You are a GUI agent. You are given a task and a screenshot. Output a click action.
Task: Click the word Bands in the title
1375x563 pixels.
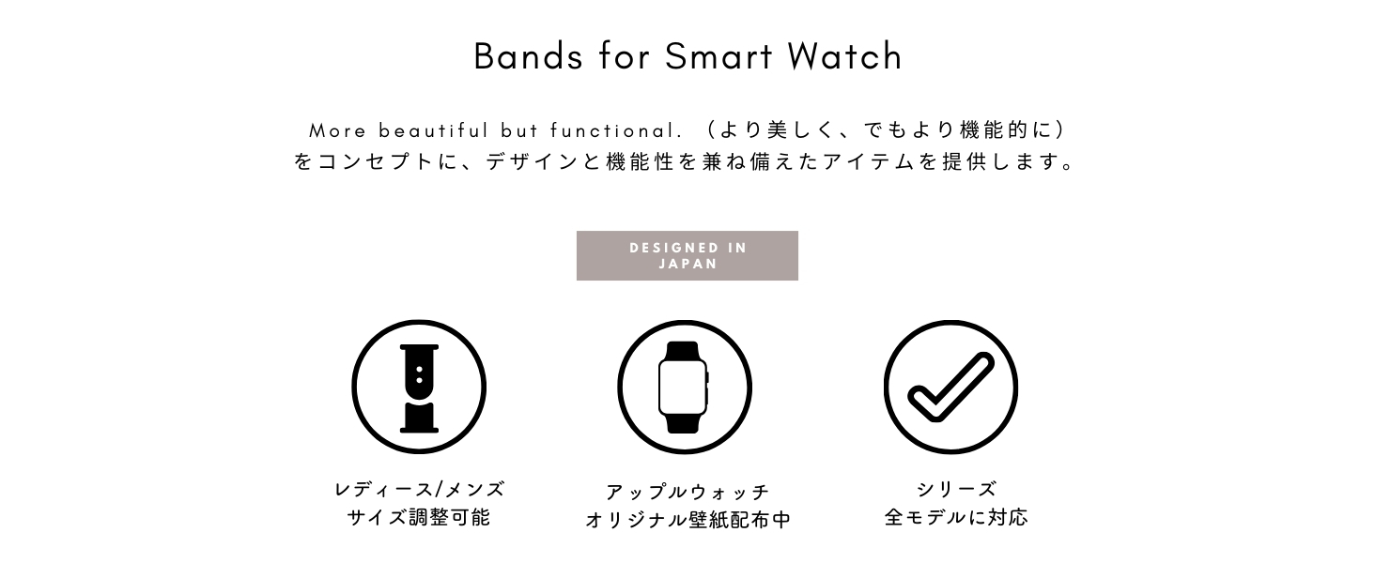(528, 56)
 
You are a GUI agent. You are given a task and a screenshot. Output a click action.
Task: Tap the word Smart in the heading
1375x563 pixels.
(718, 56)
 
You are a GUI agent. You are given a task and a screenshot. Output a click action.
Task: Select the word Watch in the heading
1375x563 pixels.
(844, 56)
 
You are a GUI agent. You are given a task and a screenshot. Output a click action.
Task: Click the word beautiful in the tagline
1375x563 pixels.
(434, 130)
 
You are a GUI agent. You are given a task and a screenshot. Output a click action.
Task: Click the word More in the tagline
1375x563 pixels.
(337, 130)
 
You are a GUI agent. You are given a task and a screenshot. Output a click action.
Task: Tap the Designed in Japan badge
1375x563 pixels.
(687, 256)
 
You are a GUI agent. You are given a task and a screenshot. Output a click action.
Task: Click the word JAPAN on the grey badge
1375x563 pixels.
(688, 264)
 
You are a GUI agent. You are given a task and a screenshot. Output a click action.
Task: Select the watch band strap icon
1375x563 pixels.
(419, 388)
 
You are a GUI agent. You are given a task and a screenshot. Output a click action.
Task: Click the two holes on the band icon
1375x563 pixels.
(419, 374)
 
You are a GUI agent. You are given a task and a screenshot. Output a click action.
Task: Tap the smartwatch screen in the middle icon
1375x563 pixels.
(682, 388)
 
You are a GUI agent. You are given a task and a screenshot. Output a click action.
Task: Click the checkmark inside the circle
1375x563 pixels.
(950, 387)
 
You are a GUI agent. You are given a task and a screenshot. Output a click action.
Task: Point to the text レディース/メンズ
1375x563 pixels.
(419, 490)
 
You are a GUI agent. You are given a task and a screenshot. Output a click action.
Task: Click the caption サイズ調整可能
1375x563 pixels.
(419, 518)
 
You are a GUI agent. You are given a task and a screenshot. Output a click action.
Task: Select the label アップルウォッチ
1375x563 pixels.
(687, 492)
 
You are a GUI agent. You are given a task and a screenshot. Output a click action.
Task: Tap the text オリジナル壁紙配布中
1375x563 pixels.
(687, 520)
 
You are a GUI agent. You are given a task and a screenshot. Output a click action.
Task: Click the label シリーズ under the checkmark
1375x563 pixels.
(956, 490)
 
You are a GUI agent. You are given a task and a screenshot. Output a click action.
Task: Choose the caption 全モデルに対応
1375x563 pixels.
(956, 518)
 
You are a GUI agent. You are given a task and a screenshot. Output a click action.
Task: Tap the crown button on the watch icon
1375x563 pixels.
(707, 376)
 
